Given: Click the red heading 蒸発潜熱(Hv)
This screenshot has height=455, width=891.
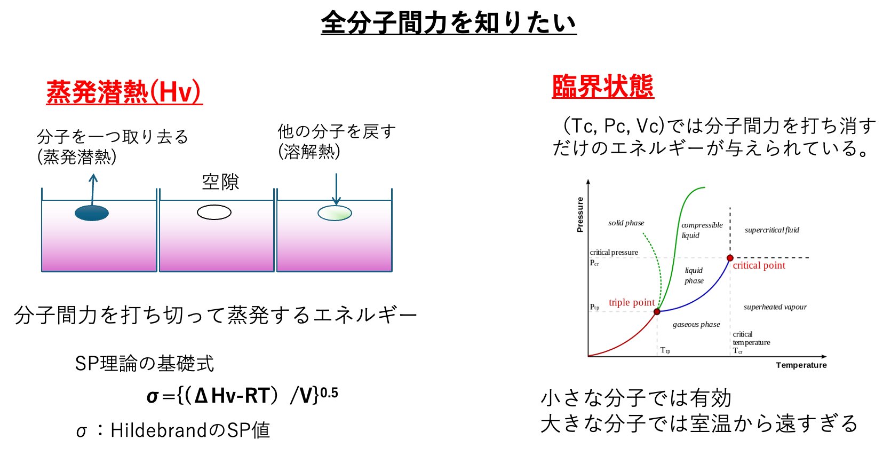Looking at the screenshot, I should click(x=124, y=92).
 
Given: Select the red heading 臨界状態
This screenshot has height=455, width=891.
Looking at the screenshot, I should click(x=603, y=87).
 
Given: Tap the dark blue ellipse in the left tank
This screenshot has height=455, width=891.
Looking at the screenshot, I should click(x=92, y=213).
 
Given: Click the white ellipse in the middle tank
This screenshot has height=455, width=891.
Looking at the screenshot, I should click(x=214, y=213).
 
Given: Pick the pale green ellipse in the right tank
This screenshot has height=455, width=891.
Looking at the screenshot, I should click(x=335, y=213).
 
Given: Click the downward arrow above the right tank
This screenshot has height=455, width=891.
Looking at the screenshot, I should click(x=336, y=188).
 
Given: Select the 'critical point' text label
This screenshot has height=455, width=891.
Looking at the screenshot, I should click(x=759, y=265).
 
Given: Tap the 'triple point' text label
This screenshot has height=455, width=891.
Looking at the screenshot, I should click(x=632, y=303).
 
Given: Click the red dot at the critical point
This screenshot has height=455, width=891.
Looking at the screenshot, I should click(x=730, y=258).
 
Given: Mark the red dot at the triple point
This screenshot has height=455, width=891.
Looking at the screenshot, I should click(x=657, y=311).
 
